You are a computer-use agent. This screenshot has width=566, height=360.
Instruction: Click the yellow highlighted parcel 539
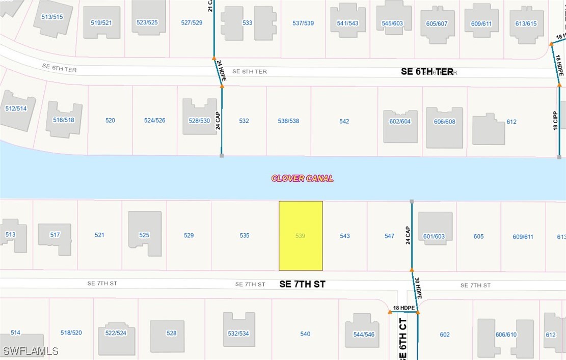tap(301, 236)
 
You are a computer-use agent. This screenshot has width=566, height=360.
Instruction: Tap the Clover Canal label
tap(302, 178)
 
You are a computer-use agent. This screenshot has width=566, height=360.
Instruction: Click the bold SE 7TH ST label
tap(302, 284)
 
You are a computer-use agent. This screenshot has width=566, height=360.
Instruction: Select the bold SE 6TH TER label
tap(427, 72)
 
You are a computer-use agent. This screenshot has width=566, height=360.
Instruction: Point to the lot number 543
tap(345, 236)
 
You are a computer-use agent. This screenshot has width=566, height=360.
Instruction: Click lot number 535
tap(245, 235)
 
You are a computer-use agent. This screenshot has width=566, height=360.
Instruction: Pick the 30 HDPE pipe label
tap(418, 288)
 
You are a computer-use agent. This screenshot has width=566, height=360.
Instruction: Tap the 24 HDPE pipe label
tap(222, 71)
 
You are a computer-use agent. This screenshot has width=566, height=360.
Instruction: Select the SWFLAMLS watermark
tap(31, 351)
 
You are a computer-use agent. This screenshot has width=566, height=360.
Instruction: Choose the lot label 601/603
tap(434, 236)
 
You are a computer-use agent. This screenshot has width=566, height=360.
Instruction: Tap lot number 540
tap(305, 334)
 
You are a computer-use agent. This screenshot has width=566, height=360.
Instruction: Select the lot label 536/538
tap(288, 121)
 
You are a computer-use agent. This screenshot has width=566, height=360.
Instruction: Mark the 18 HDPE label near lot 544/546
tap(403, 308)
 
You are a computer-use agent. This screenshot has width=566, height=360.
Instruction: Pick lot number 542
tap(344, 121)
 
